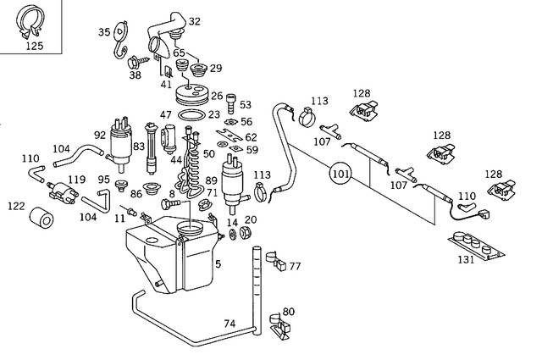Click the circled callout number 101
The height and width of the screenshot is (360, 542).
pyautogui.click(x=340, y=175)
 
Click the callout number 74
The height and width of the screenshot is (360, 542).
pyautogui.click(x=230, y=324)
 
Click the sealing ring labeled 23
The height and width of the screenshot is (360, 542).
pyautogui.click(x=193, y=114)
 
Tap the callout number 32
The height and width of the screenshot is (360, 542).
pyautogui.click(x=195, y=21)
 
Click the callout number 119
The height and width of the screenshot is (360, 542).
pyautogui.click(x=77, y=180)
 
